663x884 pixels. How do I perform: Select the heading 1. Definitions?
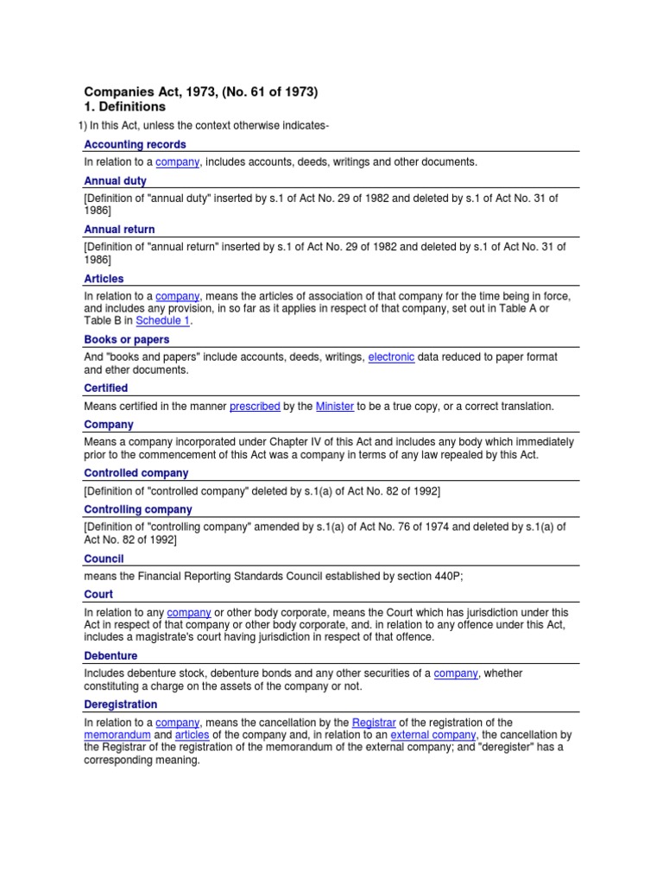(x=124, y=107)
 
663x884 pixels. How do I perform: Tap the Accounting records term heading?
(x=135, y=144)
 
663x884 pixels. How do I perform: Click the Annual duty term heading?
(x=115, y=181)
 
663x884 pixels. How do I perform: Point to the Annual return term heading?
(x=119, y=230)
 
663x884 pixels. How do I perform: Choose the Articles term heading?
(x=104, y=279)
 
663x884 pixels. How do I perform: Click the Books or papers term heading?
(x=125, y=339)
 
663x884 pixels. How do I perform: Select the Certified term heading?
(x=105, y=388)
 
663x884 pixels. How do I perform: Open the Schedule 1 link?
(x=162, y=320)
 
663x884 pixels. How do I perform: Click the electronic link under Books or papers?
(x=391, y=357)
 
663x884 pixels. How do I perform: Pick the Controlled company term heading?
(x=136, y=473)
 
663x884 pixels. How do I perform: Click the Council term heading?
(x=104, y=559)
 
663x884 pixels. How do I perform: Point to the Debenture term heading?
(x=110, y=656)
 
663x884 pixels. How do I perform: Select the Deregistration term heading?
(x=120, y=704)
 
